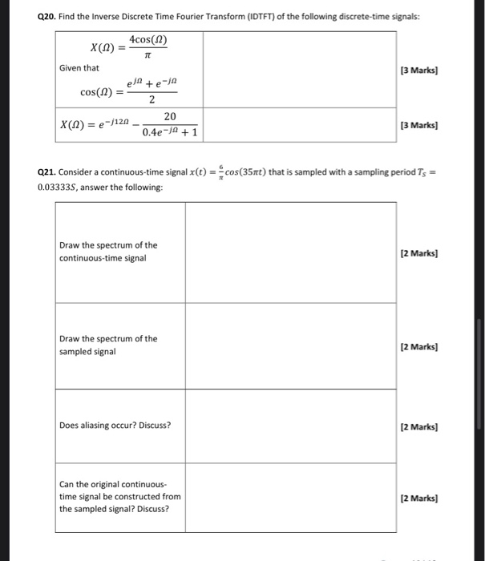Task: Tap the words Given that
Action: (79, 68)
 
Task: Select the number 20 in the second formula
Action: (170, 116)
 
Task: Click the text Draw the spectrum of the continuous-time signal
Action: (108, 252)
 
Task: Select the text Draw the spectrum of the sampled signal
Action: (108, 345)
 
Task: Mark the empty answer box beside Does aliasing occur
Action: (290, 426)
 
